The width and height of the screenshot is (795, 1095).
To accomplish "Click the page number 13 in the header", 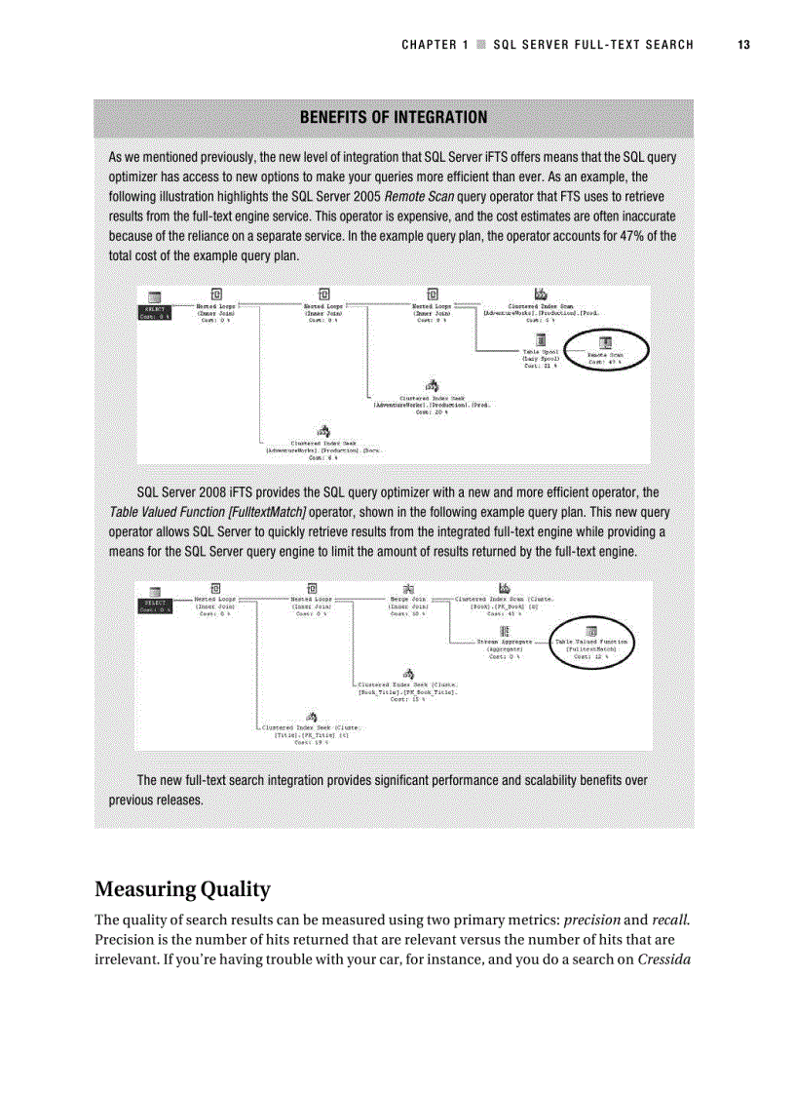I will [743, 45].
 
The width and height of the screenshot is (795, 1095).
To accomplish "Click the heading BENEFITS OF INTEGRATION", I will [394, 118].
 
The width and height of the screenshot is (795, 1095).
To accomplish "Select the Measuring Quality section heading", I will [182, 889].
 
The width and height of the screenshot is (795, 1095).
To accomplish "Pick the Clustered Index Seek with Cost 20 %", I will [430, 400].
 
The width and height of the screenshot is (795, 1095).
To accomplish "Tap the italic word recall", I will [669, 920].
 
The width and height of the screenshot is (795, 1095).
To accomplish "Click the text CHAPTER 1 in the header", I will [435, 45].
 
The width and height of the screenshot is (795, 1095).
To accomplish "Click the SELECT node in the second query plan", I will [155, 604].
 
